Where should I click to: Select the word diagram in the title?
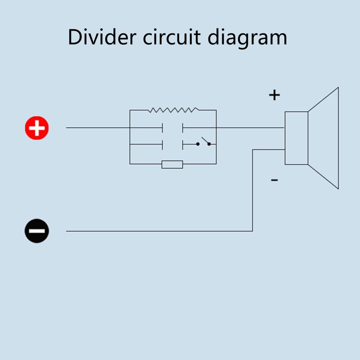(247, 38)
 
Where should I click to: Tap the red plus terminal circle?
(36, 128)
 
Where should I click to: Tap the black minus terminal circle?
(36, 231)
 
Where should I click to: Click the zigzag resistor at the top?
(173, 109)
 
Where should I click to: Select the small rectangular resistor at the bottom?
(172, 164)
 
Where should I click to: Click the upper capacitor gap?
(173, 128)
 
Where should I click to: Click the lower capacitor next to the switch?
(173, 145)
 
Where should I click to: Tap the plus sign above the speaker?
(274, 95)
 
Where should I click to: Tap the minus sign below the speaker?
(274, 180)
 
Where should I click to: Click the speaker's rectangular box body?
(297, 138)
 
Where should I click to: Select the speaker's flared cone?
(324, 138)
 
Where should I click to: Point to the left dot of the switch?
(198, 144)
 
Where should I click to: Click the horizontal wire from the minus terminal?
(157, 231)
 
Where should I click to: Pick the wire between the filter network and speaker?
(250, 128)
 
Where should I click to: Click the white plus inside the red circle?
(36, 128)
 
